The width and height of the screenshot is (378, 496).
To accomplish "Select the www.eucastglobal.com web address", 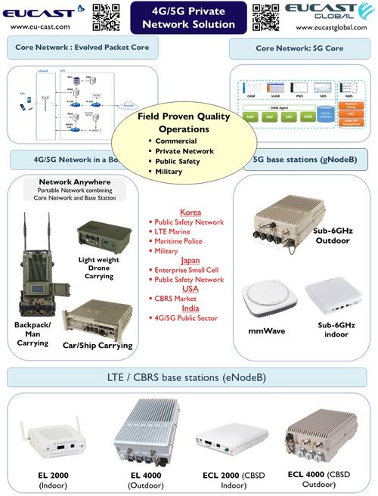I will point(333,27).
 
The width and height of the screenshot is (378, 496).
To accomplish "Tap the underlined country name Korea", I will point(191,212).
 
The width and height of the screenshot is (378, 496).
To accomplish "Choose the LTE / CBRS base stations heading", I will point(188,378).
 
